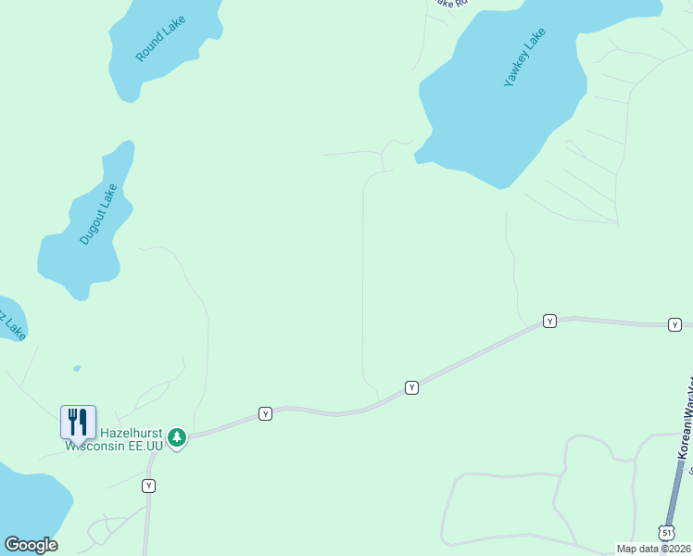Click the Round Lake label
coord(160,39)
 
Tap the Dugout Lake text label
coord(98,214)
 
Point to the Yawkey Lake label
coord(525,57)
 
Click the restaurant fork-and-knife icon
coord(78,422)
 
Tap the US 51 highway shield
coord(667,531)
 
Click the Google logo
coord(31,545)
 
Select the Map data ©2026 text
coord(653,549)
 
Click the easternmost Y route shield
coord(675,324)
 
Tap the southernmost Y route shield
coord(148,486)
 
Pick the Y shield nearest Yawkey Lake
coord(549,321)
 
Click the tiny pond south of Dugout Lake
coord(76,368)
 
